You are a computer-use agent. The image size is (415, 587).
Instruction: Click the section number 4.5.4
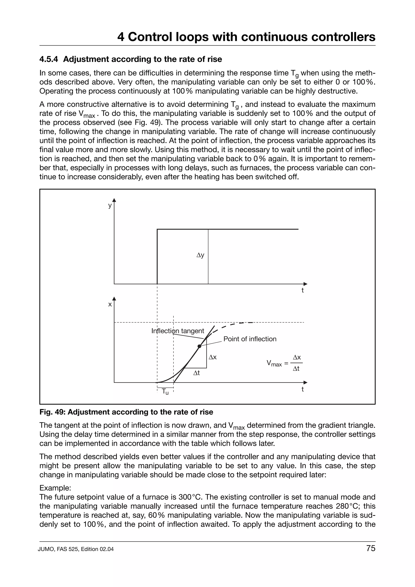pos(49,59)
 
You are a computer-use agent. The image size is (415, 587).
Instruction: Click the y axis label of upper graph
pos(110,205)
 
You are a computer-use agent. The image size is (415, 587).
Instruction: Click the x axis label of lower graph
pos(110,304)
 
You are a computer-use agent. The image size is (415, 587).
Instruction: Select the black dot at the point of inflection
pos(199,346)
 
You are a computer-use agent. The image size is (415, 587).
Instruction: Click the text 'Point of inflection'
pos(250,339)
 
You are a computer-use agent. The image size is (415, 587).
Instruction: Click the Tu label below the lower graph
pos(165,392)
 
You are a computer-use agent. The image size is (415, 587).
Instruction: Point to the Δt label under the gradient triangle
pos(196,373)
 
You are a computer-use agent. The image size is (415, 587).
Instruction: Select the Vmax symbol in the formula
pos(274,363)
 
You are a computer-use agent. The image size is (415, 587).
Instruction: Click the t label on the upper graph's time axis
pos(303,290)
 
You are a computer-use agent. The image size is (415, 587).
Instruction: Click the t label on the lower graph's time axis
pos(303,389)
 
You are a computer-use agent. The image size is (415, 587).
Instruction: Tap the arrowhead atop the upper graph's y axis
pos(114,200)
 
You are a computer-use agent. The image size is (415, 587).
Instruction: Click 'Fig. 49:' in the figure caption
pos(52,412)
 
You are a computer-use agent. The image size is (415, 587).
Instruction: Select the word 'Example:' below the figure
pos(55,488)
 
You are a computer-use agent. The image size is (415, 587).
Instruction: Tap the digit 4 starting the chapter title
pos(121,37)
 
